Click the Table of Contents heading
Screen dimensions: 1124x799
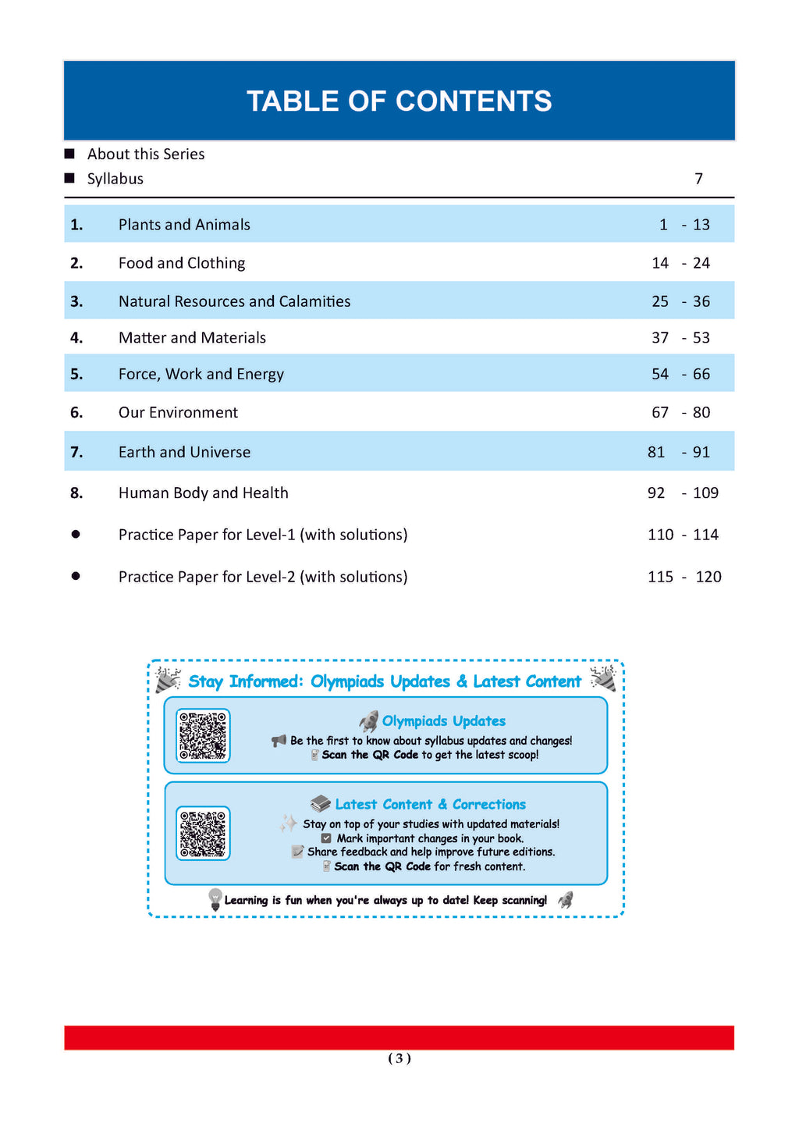399,101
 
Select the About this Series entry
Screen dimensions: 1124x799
146,155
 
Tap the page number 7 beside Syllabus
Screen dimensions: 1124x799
699,179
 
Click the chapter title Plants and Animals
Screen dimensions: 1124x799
184,225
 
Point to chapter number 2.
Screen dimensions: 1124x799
76,263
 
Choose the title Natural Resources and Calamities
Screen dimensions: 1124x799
234,301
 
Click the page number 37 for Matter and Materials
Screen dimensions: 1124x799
660,338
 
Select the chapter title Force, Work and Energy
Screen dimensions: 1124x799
201,375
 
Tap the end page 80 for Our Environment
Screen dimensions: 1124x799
701,412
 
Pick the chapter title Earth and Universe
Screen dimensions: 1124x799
184,452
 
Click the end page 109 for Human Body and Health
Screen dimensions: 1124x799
705,493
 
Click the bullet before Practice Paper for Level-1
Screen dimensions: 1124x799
76,535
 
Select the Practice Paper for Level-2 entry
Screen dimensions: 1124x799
263,577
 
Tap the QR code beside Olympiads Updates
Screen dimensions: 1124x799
203,735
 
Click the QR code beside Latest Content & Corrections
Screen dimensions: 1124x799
203,833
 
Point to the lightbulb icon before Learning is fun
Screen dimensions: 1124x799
215,899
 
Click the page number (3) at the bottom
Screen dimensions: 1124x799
399,1058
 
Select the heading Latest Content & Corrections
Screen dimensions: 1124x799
430,805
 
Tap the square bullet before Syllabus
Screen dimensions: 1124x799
69,179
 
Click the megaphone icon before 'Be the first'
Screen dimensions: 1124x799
279,740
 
